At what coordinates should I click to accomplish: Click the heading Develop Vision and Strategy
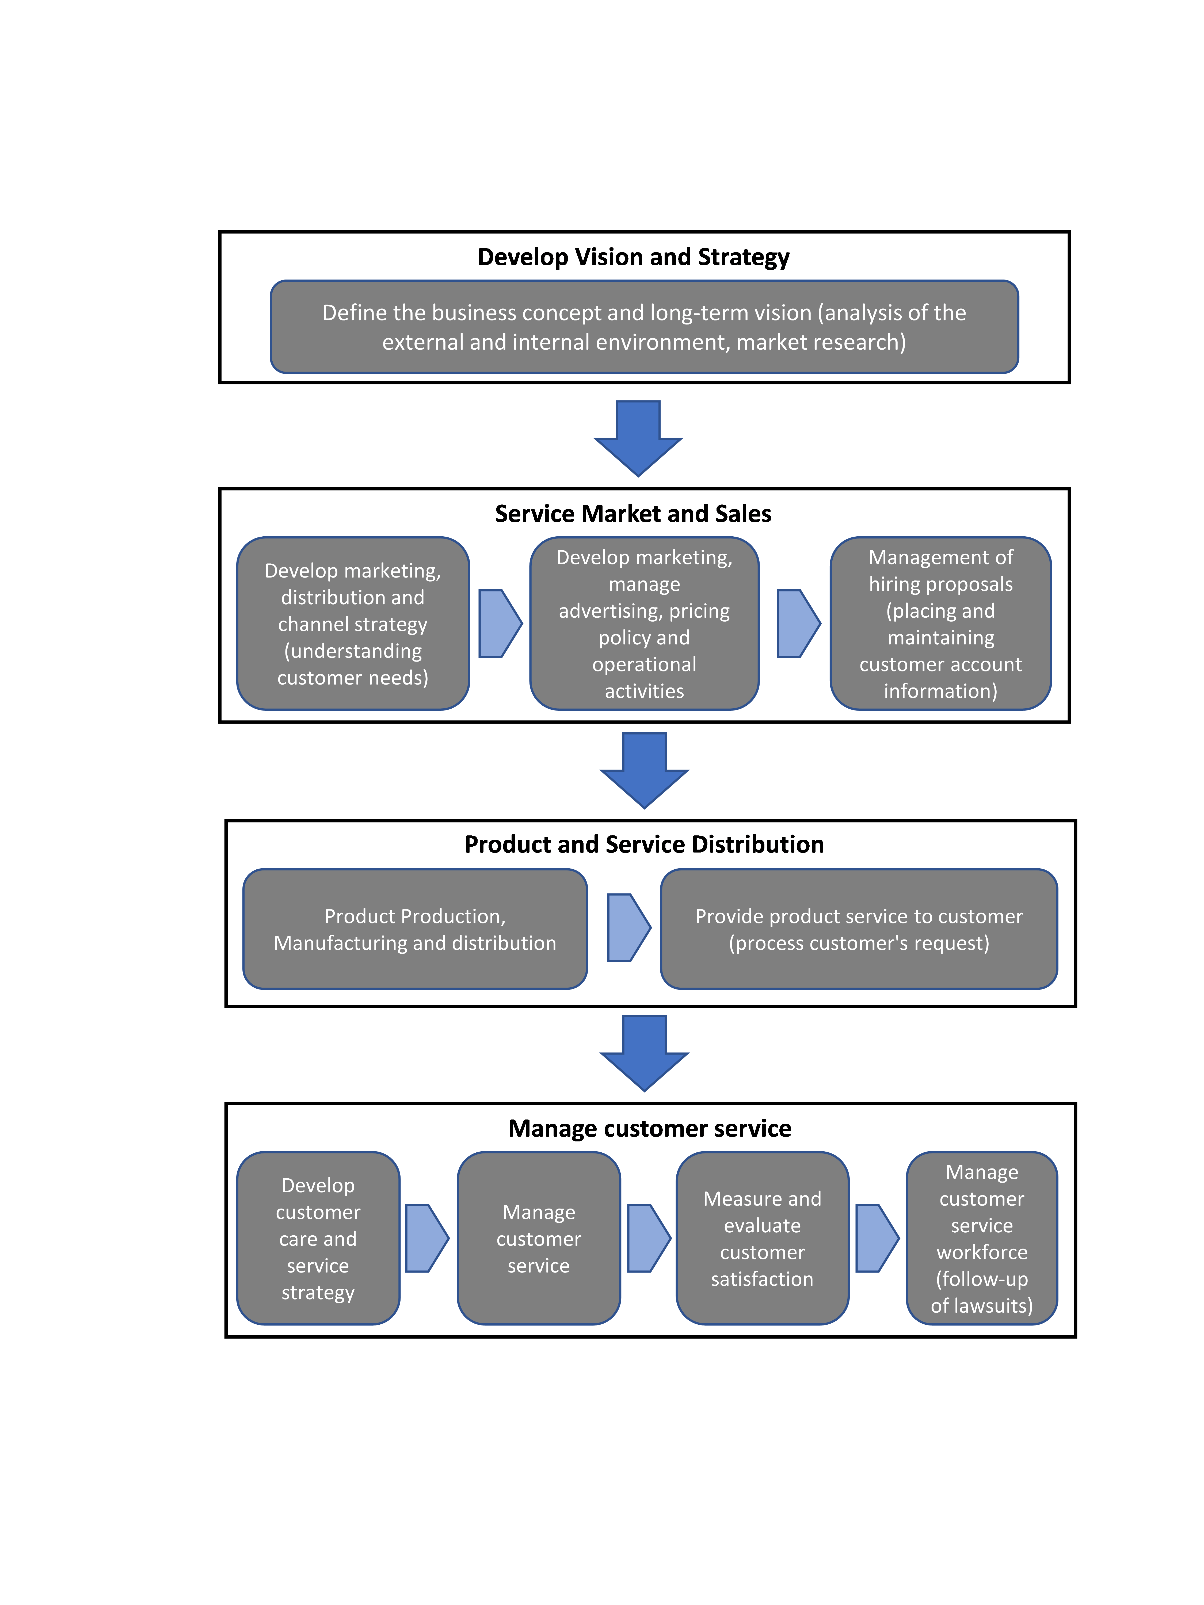point(633,257)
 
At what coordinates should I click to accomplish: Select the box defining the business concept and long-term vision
point(644,327)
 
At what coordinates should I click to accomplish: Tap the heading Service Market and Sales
point(633,514)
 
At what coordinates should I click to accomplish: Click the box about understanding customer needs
point(353,623)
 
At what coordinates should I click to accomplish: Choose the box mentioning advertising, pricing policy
point(644,623)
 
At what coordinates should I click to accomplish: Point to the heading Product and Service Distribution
point(644,844)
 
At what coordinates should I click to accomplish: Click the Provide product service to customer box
point(859,929)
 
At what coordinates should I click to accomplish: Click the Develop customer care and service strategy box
point(318,1238)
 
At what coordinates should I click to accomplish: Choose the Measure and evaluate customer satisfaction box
point(762,1238)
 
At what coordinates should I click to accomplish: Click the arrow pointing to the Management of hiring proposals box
point(797,623)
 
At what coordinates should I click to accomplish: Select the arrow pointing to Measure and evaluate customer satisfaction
point(647,1238)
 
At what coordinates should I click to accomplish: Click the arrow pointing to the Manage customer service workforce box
point(876,1238)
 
